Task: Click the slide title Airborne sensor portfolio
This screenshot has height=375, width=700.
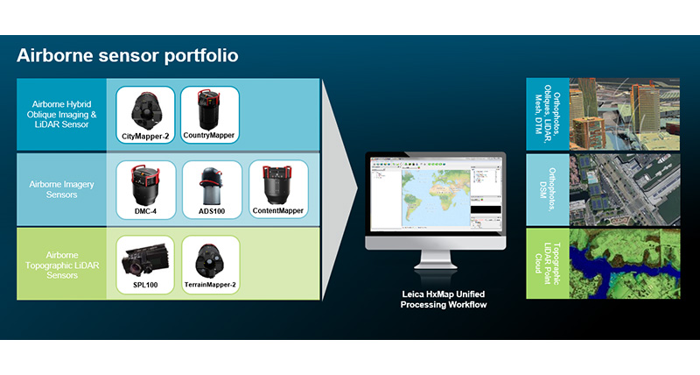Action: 128,56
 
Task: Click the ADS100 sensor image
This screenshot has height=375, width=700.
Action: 210,185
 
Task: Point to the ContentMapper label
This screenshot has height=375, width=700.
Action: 279,212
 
